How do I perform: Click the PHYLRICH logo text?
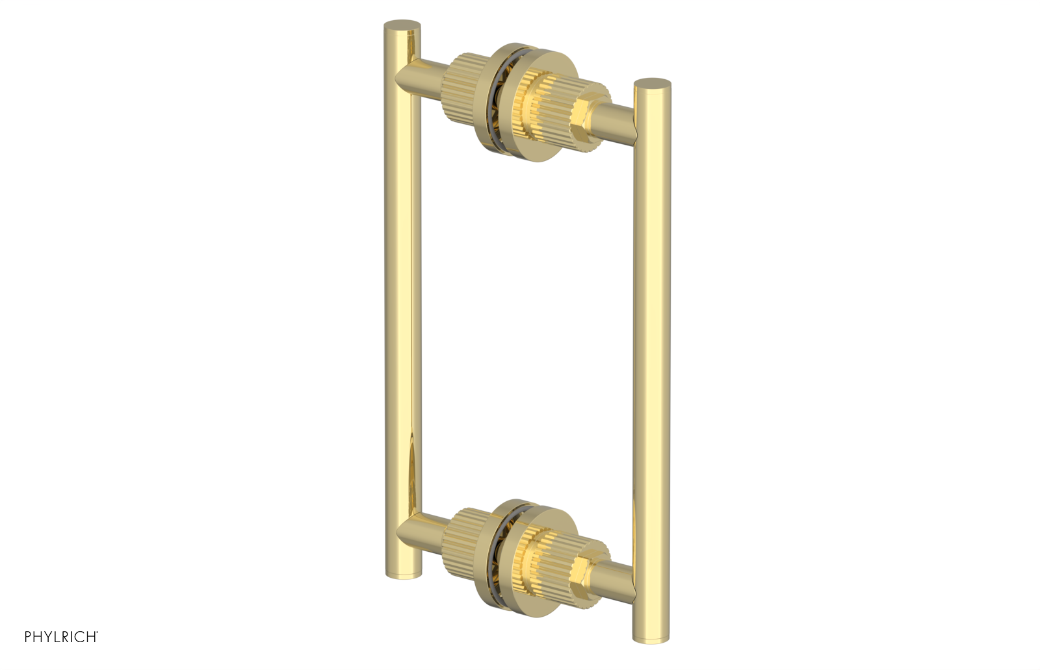tap(61, 637)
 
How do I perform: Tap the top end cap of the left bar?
tap(402, 27)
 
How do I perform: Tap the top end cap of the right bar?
tap(652, 84)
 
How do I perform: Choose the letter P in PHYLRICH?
tap(29, 637)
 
